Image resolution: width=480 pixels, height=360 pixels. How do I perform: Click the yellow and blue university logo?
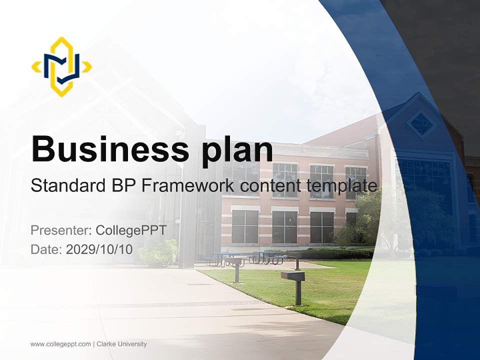61,66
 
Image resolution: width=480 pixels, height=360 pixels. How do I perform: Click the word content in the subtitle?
268,186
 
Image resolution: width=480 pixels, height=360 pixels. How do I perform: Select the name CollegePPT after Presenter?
131,230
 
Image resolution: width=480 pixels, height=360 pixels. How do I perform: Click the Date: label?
46,249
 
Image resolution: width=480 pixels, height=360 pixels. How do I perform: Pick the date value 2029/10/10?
99,249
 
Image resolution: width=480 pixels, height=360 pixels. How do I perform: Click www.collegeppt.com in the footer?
60,344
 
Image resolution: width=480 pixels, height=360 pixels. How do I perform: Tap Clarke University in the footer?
121,344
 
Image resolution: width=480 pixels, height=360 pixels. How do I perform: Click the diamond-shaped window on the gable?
420,123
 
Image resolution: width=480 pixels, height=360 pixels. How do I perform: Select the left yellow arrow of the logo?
36,67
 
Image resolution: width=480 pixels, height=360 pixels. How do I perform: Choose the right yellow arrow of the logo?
87,67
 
